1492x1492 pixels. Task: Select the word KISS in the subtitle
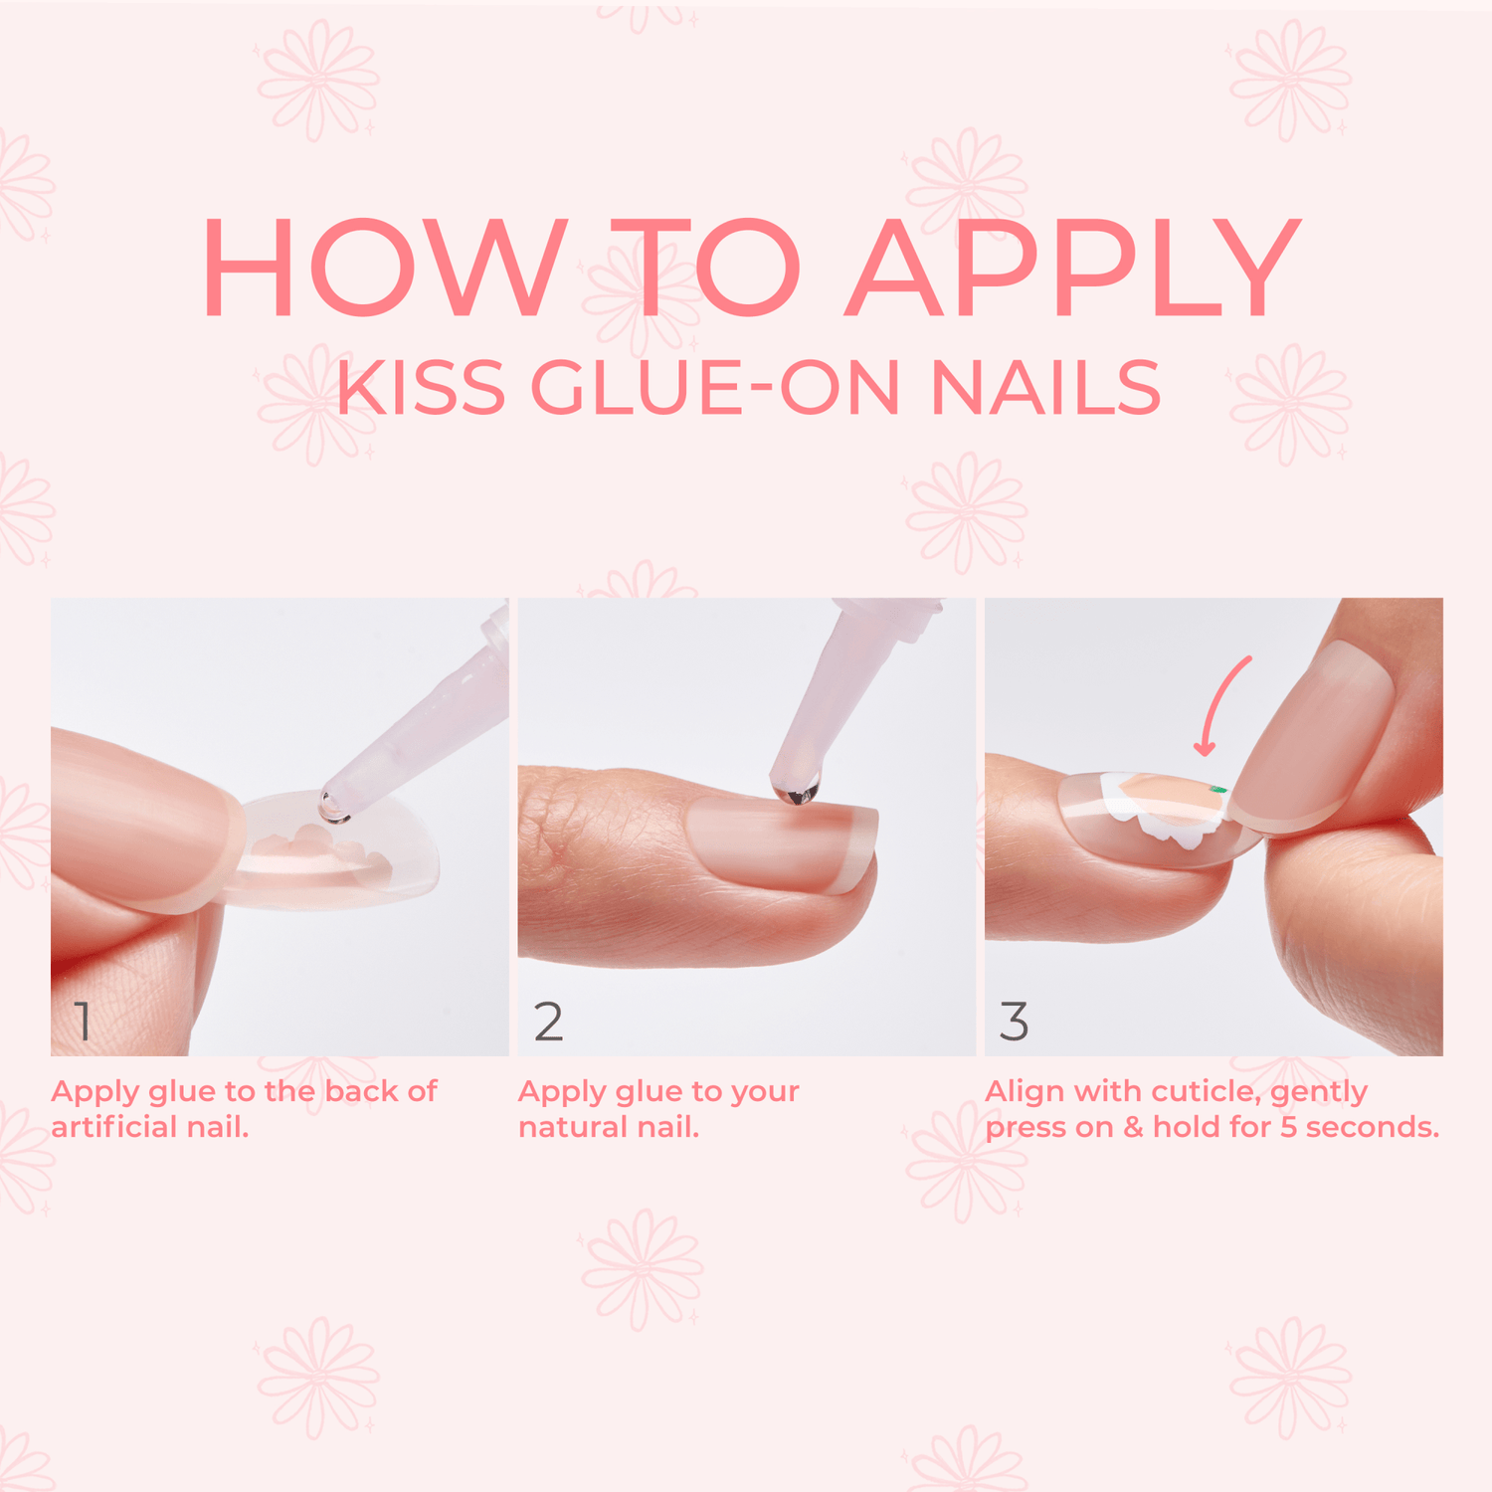pyautogui.click(x=421, y=387)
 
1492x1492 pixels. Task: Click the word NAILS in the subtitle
pyautogui.click(x=1045, y=387)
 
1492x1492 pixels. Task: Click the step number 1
pyautogui.click(x=83, y=1022)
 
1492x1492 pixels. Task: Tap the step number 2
pyautogui.click(x=548, y=1022)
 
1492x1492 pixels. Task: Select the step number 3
pyautogui.click(x=1014, y=1022)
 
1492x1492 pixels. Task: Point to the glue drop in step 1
pyautogui.click(x=334, y=808)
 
